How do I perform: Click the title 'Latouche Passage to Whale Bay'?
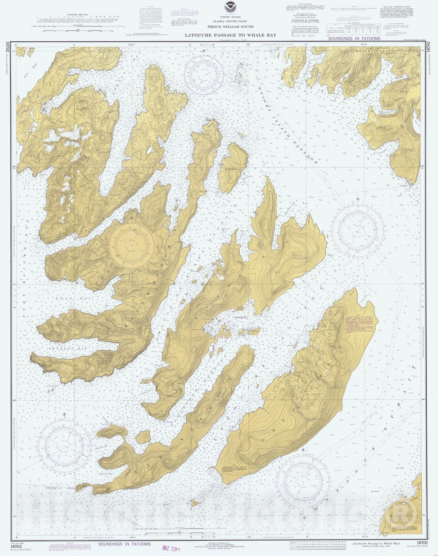point(230,35)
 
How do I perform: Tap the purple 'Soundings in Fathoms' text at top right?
point(354,39)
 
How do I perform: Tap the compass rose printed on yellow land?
point(132,246)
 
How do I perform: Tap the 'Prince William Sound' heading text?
point(230,27)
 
